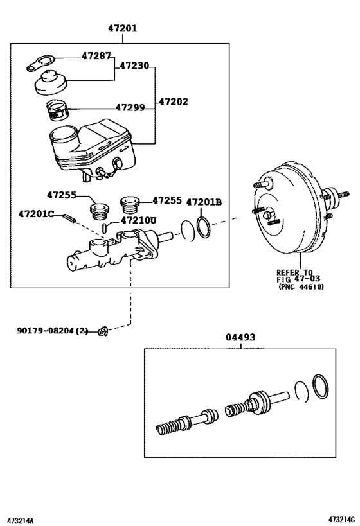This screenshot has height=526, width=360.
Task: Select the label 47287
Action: point(96,56)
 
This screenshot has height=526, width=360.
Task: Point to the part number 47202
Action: point(175,101)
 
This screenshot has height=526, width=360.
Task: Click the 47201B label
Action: point(203,202)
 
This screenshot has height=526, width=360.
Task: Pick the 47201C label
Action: point(37,214)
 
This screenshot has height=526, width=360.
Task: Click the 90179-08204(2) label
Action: point(53,331)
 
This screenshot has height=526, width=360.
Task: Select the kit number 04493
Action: point(240,337)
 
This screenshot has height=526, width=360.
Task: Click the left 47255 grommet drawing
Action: point(100,209)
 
